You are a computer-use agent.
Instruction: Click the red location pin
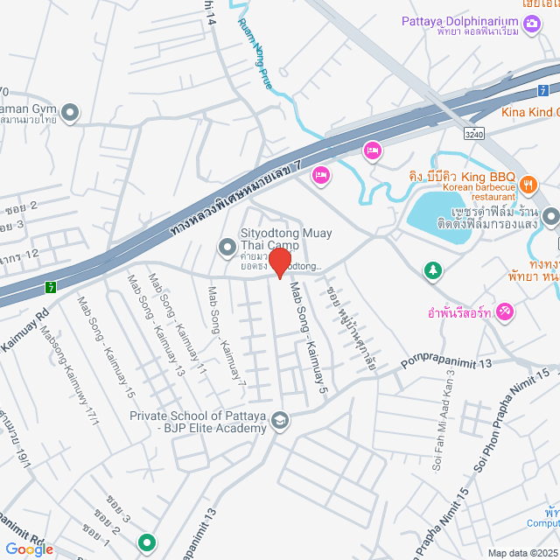click(x=280, y=262)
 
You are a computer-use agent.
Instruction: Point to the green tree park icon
click(x=431, y=271)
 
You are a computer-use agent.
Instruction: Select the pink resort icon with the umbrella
click(x=506, y=311)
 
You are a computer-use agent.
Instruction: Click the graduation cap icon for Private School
click(x=280, y=422)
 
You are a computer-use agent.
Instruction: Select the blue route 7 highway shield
click(x=543, y=89)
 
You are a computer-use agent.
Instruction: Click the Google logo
click(x=28, y=549)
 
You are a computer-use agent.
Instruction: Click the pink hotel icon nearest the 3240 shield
click(x=372, y=150)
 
